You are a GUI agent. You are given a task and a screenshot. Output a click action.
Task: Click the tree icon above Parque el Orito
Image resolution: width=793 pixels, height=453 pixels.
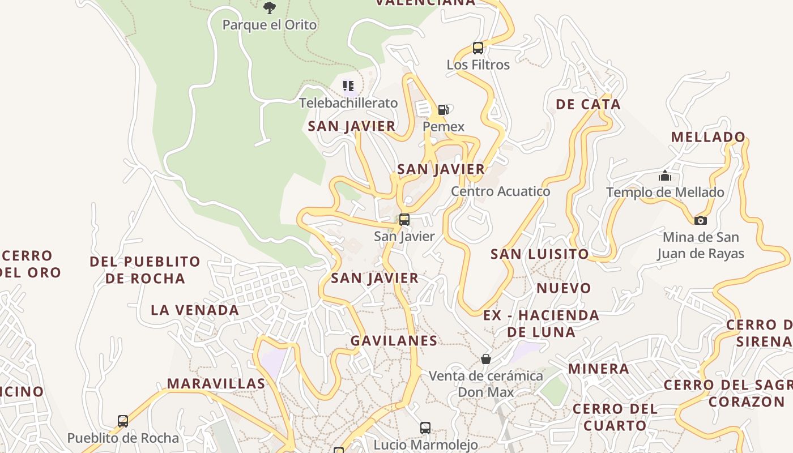pyautogui.click(x=270, y=7)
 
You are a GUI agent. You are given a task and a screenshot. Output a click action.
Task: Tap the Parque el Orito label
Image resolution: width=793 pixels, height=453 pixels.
pyautogui.click(x=270, y=25)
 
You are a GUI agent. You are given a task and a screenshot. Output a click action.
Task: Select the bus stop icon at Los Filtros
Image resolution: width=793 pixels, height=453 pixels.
pyautogui.click(x=478, y=48)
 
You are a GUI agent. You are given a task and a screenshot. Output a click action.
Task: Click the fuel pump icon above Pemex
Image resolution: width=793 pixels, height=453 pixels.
pyautogui.click(x=444, y=109)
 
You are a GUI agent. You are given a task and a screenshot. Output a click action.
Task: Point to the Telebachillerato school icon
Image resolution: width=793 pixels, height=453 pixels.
pyautogui.click(x=348, y=86)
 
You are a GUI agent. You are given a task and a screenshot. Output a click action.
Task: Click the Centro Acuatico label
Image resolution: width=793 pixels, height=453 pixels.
pyautogui.click(x=500, y=191)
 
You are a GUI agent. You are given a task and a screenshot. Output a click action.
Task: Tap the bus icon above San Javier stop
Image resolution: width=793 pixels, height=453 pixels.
pyautogui.click(x=404, y=220)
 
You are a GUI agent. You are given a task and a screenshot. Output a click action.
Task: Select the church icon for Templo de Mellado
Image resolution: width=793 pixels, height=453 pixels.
pyautogui.click(x=665, y=176)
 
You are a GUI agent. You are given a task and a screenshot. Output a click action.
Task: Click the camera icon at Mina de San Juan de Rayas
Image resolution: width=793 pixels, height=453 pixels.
pyautogui.click(x=701, y=220)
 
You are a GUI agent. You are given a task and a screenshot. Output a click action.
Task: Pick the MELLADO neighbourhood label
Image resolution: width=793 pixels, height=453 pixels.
pyautogui.click(x=708, y=137)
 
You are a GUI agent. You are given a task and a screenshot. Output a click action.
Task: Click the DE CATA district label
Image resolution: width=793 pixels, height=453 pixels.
pyautogui.click(x=588, y=104)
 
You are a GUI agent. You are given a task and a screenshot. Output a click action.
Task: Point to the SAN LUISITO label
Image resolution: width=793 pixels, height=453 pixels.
pyautogui.click(x=539, y=254)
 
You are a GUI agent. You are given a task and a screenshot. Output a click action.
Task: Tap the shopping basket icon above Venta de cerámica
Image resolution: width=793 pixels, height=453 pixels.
pyautogui.click(x=485, y=359)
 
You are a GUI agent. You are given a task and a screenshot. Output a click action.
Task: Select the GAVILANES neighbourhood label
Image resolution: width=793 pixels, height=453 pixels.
pyautogui.click(x=394, y=341)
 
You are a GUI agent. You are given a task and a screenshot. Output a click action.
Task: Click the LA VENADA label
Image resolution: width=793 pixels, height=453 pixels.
pyautogui.click(x=195, y=310)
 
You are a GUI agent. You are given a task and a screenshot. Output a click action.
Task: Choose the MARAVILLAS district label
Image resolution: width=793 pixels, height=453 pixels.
pyautogui.click(x=216, y=383)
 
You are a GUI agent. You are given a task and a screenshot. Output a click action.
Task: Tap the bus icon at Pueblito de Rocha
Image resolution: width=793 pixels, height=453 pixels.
pyautogui.click(x=123, y=421)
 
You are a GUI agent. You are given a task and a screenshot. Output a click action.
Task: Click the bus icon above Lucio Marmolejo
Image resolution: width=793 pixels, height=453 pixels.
pyautogui.click(x=425, y=428)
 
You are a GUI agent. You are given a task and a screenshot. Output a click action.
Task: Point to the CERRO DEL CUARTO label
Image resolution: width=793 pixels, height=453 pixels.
pyautogui.click(x=615, y=417)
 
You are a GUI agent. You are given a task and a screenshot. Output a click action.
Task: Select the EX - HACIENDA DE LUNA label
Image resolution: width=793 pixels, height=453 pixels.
pyautogui.click(x=541, y=323)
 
